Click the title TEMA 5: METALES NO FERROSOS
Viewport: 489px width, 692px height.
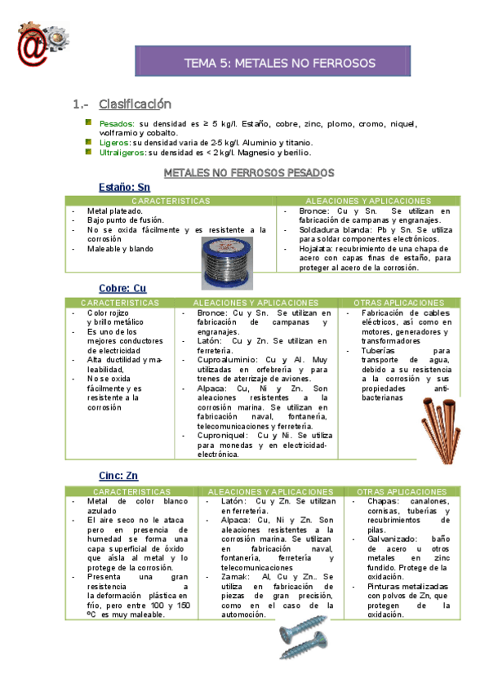(279, 63)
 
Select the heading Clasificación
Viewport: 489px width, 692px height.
(135, 104)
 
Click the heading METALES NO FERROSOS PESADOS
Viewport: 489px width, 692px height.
(249, 173)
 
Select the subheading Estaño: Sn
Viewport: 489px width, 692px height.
(125, 188)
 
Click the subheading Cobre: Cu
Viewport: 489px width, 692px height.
(123, 289)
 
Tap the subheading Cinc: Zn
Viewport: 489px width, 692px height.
(118, 476)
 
